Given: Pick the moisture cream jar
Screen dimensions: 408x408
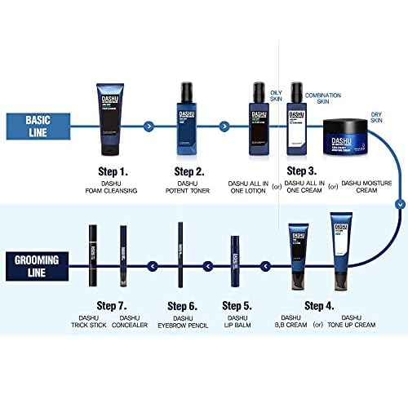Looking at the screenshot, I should pos(354,135).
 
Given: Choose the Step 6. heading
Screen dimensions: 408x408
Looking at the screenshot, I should pos(181,306).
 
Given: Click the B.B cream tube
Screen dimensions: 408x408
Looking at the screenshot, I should pos(297,252).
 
